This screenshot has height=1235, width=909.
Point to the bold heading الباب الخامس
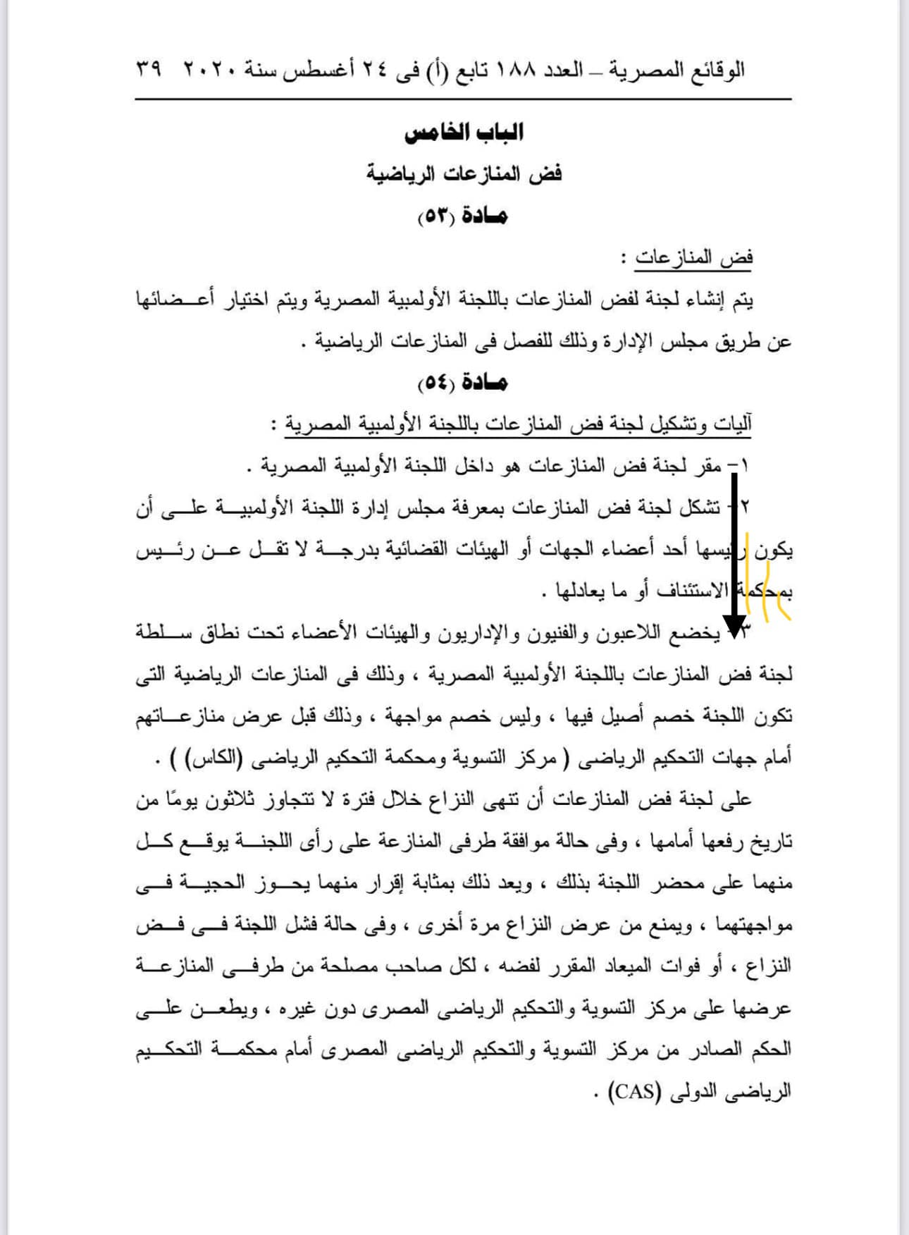[x=463, y=133]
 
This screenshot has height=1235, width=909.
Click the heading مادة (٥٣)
[x=463, y=216]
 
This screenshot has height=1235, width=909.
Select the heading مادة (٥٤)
[x=463, y=383]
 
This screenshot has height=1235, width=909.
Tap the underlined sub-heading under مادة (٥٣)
[x=694, y=258]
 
